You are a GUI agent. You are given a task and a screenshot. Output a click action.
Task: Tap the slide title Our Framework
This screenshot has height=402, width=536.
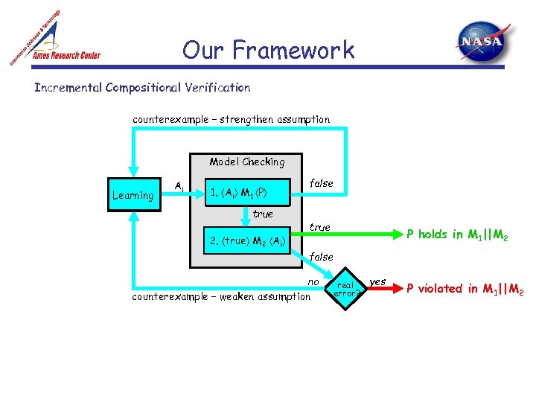[268, 51]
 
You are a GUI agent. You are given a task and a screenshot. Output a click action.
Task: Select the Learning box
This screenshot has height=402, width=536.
[133, 196]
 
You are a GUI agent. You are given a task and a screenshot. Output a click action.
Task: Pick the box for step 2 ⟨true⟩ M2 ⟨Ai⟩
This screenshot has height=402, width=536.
[248, 240]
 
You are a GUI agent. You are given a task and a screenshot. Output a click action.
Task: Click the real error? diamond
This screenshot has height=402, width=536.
[346, 289]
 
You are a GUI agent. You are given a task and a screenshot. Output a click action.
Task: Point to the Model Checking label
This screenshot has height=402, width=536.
[246, 162]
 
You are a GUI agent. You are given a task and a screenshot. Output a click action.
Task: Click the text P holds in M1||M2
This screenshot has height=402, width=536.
[457, 234]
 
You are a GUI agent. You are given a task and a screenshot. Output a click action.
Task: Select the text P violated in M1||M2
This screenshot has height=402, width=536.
[465, 289]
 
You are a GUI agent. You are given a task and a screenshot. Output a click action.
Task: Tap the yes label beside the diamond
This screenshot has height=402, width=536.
[377, 281]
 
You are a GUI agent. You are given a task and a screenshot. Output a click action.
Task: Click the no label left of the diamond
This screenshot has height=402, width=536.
[313, 281]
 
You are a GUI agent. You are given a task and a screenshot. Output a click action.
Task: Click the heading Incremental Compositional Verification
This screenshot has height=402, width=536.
[142, 88]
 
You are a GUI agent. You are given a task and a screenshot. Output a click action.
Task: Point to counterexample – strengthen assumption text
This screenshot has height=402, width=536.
[231, 119]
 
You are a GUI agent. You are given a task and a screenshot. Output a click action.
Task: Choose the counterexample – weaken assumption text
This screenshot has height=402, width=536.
[220, 296]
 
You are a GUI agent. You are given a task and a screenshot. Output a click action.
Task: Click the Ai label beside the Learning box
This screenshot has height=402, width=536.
[179, 185]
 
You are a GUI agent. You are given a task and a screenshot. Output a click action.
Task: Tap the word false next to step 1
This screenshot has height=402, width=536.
[321, 182]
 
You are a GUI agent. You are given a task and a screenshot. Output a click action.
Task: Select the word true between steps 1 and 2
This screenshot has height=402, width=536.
[263, 214]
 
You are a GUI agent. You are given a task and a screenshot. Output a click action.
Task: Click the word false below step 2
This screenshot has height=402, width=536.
[321, 256]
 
